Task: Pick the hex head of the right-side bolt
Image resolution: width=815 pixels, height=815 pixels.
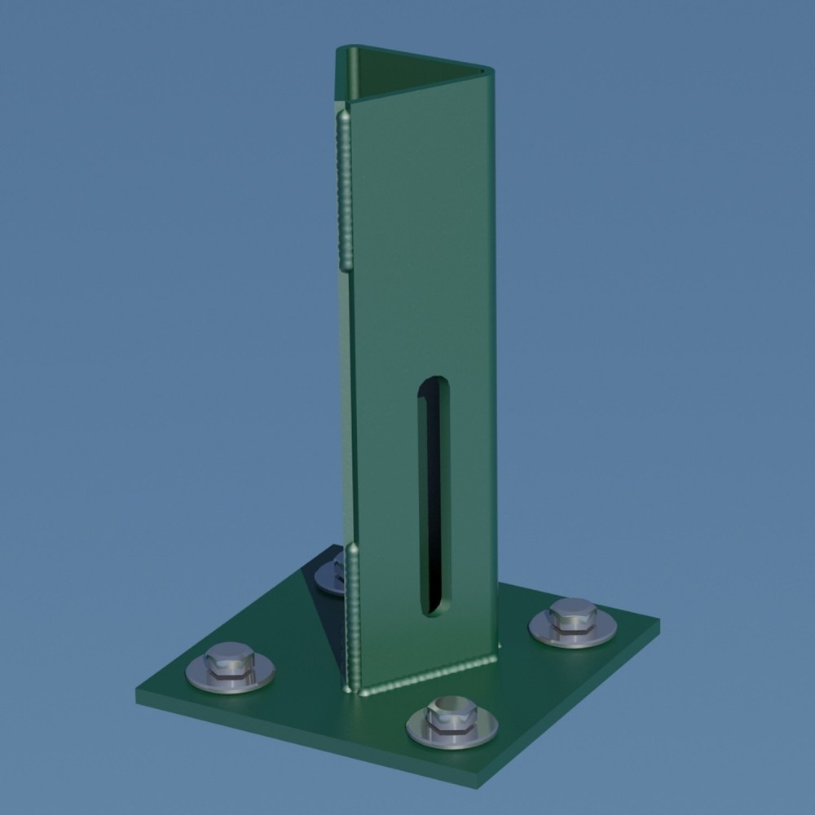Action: tap(574, 614)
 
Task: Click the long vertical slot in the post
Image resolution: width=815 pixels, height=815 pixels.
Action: tap(435, 497)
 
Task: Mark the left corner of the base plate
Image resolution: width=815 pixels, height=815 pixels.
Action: tap(139, 696)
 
